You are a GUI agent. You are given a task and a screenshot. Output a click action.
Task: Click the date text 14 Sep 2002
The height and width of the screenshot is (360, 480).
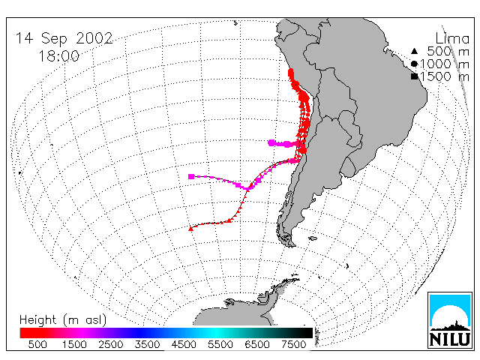tap(64, 38)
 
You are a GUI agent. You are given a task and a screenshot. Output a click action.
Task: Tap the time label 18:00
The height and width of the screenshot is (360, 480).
tap(58, 56)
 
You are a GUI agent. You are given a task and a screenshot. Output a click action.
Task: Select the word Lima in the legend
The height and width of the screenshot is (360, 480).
tap(452, 39)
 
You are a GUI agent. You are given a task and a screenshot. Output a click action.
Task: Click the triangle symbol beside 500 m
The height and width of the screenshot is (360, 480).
tap(414, 51)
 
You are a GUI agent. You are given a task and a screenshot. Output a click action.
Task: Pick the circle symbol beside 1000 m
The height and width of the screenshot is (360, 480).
tap(414, 64)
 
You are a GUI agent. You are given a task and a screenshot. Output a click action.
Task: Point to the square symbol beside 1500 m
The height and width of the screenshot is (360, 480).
tap(414, 76)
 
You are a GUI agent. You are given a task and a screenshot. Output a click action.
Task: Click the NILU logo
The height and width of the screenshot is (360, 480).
tap(450, 320)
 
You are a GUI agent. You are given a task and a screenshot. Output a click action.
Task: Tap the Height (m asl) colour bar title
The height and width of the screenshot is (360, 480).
tap(63, 320)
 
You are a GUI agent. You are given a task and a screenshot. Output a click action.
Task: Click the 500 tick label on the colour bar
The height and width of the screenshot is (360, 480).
tap(37, 344)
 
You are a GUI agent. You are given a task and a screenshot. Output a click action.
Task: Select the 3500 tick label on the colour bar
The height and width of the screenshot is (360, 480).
tap(147, 344)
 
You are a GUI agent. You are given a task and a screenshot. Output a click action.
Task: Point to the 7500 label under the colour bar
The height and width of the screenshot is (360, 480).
tap(293, 344)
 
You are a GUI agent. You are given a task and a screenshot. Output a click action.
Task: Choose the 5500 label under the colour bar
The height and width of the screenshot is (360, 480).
tap(220, 344)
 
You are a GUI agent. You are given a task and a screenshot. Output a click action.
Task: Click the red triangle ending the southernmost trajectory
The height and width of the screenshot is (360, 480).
tap(190, 228)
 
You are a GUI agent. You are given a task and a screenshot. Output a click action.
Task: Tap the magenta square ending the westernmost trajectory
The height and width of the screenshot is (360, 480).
tap(191, 176)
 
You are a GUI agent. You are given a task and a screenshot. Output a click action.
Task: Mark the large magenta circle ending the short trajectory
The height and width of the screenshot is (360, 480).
tap(271, 142)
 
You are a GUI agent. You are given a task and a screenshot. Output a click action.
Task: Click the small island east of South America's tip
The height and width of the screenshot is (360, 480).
tap(313, 238)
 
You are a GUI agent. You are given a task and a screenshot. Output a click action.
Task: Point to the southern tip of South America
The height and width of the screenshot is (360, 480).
tap(292, 245)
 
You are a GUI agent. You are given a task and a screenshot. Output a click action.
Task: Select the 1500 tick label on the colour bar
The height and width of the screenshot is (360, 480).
tap(74, 344)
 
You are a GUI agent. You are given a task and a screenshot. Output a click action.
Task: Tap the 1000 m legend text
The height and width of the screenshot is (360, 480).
tap(445, 64)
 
